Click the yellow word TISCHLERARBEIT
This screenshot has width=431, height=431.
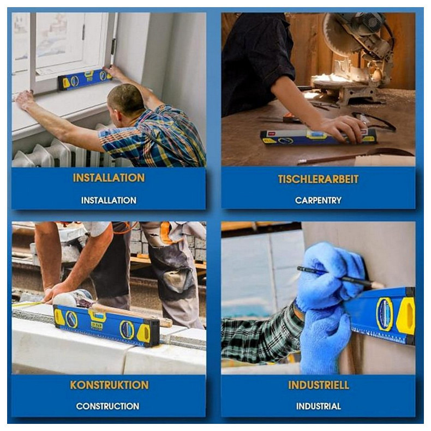click(318, 179)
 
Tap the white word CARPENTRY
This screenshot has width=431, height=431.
click(318, 200)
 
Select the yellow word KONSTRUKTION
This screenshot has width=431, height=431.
click(109, 385)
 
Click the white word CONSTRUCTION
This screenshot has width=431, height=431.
click(107, 406)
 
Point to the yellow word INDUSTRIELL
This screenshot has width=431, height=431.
click(319, 385)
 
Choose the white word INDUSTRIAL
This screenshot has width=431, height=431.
click(319, 406)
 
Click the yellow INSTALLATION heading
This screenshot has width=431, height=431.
click(109, 178)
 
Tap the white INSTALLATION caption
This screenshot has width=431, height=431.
click(109, 200)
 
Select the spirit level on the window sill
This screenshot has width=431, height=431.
click(85, 79)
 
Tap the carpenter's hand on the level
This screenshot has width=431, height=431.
click(344, 128)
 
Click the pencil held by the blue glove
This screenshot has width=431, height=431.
click(341, 278)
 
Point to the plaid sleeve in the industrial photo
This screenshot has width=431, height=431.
click(261, 333)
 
